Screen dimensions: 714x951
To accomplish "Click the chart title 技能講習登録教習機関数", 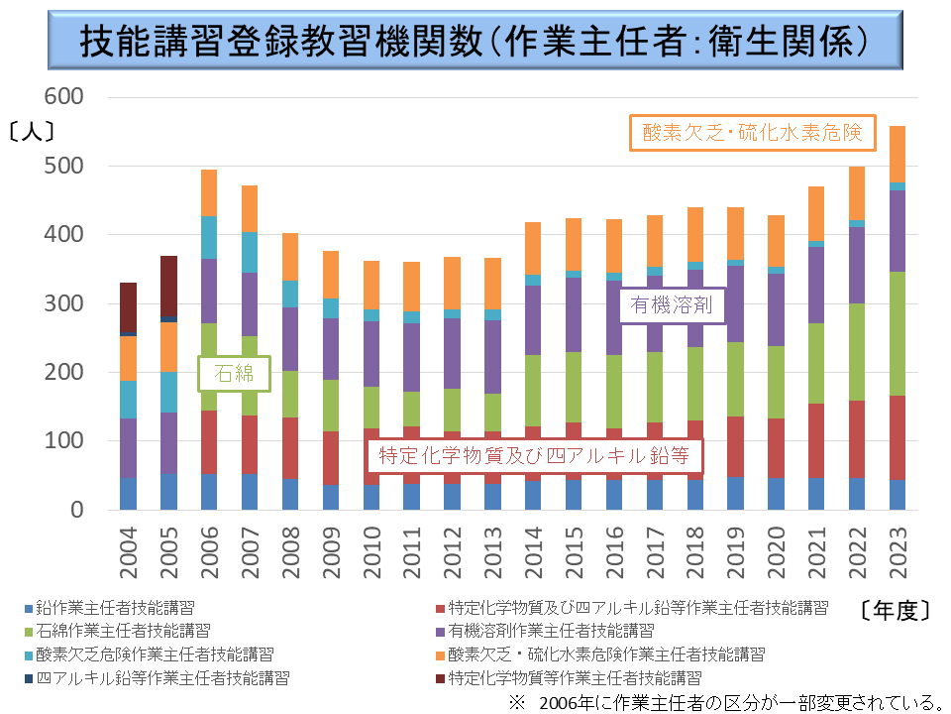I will (x=475, y=42).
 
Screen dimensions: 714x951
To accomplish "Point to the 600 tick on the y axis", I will (x=65, y=96).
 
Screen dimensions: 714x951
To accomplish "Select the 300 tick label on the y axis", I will (x=65, y=303).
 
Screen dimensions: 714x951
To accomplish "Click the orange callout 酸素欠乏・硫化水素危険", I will (x=753, y=133).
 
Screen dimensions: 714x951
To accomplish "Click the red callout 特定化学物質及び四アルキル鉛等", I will (x=535, y=456).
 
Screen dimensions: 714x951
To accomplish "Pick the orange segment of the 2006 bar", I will (x=209, y=192).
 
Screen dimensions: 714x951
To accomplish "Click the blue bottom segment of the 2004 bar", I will (x=128, y=494).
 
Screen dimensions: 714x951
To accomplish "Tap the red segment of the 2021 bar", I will (x=817, y=440).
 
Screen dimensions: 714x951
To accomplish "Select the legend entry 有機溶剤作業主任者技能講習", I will (x=550, y=631).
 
